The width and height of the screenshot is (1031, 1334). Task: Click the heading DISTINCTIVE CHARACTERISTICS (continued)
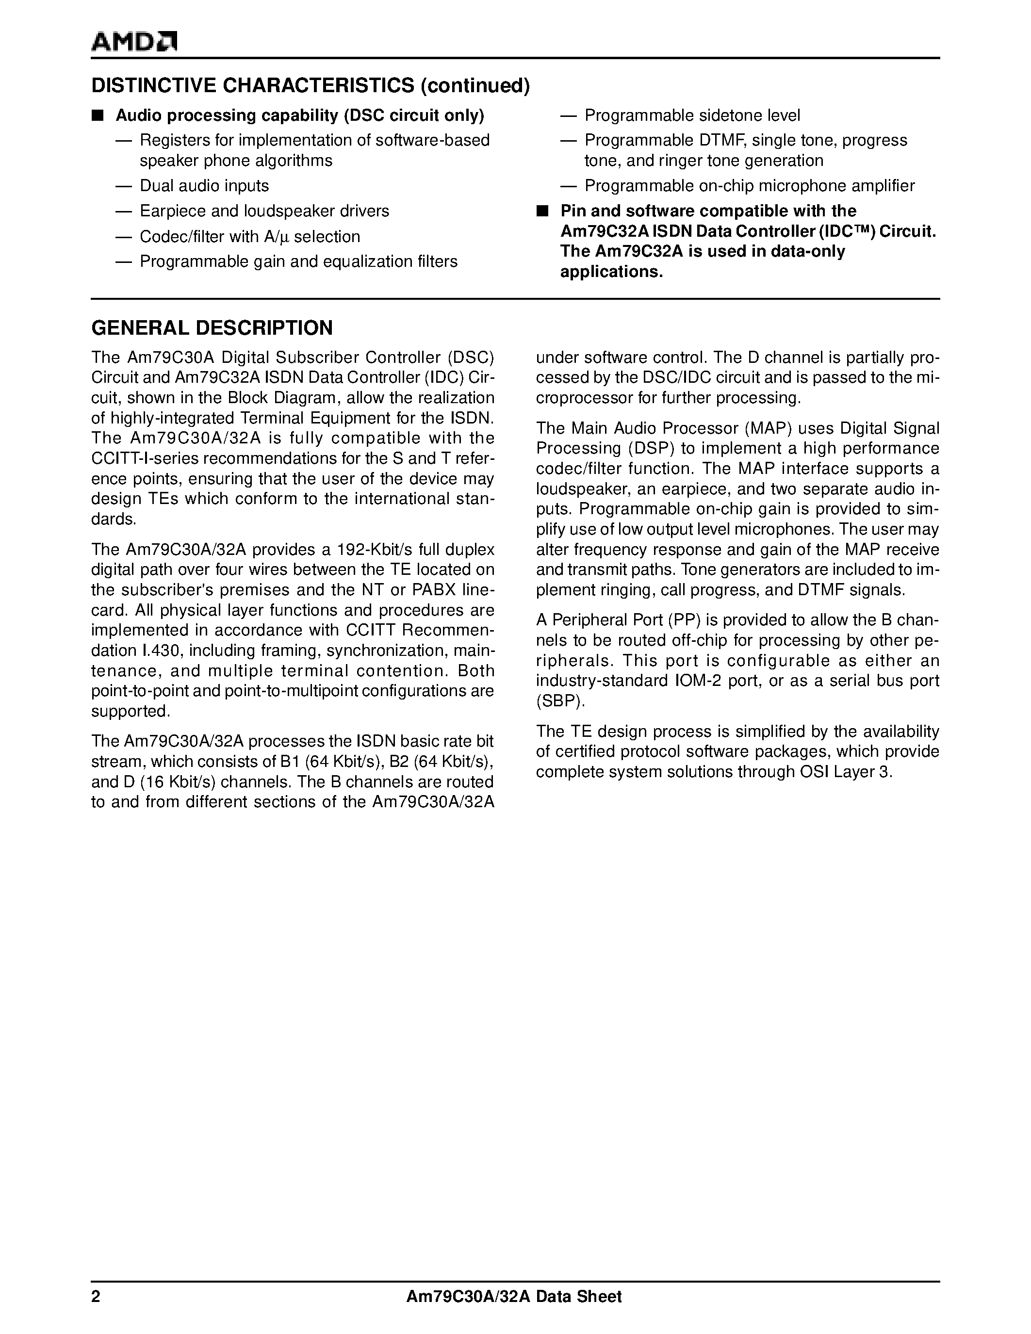click(311, 85)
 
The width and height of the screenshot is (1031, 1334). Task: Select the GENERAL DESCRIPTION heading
click(212, 328)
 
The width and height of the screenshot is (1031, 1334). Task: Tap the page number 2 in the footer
click(95, 1296)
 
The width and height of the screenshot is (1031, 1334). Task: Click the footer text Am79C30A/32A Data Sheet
click(514, 1296)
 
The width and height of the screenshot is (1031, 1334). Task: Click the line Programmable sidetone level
click(692, 115)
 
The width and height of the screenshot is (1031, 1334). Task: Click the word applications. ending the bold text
click(611, 272)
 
